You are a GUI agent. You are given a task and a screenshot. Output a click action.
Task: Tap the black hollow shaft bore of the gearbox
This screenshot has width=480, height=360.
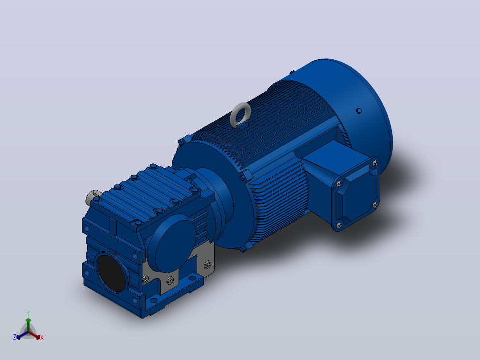coord(111,273)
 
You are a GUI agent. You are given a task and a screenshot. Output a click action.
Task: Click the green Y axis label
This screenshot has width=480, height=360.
coord(28,313)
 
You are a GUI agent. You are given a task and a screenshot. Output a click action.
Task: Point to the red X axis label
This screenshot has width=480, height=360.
coord(42,337)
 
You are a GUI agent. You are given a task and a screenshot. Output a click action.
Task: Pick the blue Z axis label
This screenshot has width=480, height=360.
coord(15,337)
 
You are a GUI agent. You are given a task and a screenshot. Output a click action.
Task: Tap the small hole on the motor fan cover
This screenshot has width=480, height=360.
coord(359,110)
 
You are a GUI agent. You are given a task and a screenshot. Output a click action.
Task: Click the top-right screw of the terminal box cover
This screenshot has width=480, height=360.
coord(375,164)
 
